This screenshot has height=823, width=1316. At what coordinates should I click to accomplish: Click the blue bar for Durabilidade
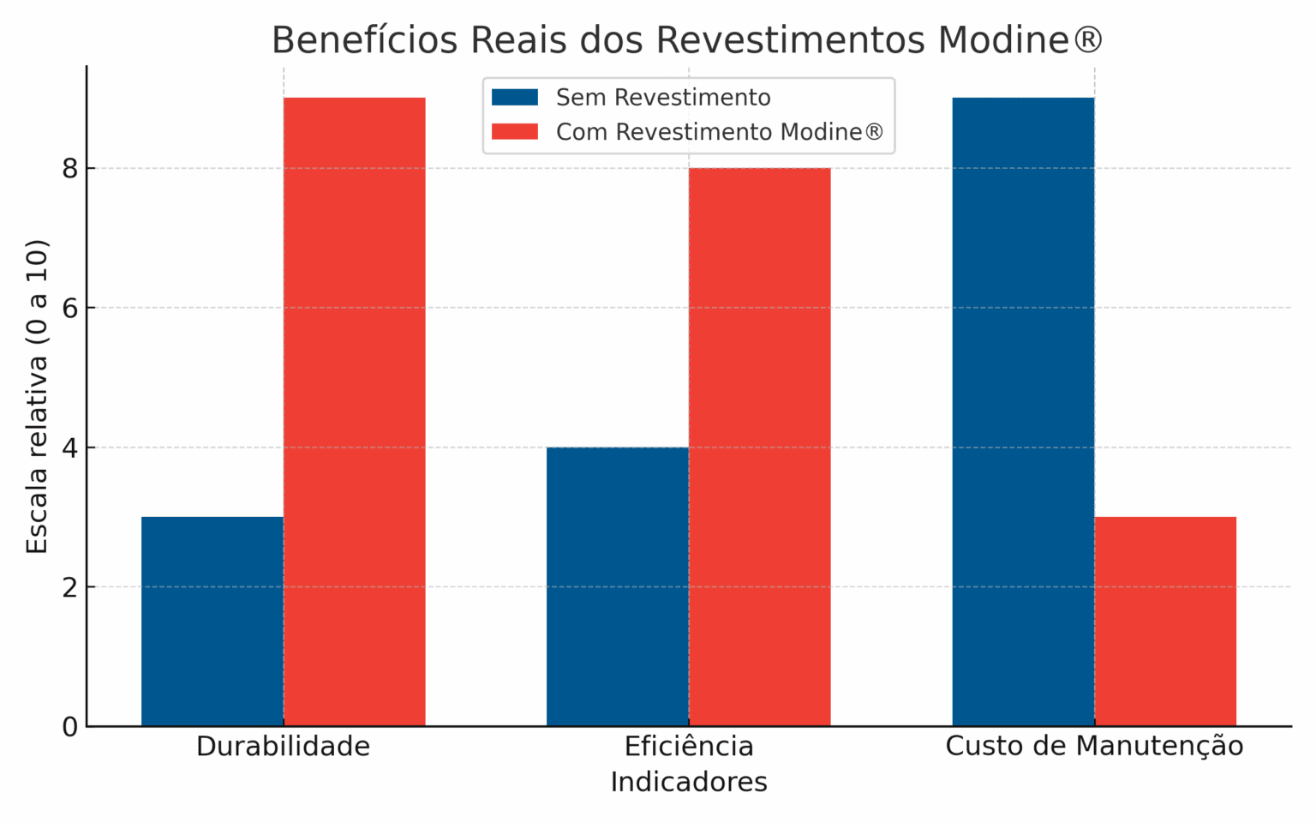212,622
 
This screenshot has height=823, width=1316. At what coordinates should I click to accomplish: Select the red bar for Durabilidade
355,411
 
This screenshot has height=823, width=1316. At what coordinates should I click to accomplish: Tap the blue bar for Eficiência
618,586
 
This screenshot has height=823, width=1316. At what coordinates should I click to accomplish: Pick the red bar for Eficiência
760,447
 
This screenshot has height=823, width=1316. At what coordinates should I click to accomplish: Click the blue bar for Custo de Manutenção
1023,411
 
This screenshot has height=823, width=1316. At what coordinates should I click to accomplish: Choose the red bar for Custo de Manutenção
1165,622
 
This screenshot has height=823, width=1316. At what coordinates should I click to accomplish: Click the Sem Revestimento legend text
663,98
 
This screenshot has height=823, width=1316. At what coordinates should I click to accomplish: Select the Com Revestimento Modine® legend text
719,132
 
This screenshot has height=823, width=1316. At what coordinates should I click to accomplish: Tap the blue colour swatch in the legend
515,98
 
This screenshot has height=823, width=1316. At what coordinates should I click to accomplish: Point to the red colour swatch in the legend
515,132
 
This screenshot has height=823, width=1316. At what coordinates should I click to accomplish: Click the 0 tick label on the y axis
69,727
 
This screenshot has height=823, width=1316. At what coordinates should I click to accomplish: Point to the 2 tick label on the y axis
69,587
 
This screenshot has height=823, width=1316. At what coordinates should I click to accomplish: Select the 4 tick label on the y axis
69,448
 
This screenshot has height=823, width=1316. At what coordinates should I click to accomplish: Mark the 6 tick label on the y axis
69,308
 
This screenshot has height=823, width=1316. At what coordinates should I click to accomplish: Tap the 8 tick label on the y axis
69,168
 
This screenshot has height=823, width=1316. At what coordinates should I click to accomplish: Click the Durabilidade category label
284,747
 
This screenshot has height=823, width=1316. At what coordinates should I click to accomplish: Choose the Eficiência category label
689,747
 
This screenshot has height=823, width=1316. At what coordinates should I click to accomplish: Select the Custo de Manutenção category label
1094,747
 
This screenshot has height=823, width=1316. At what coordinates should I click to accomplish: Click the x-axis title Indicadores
689,782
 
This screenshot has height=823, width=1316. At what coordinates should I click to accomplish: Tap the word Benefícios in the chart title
364,40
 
